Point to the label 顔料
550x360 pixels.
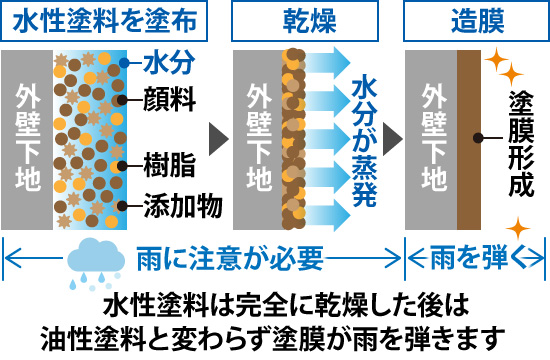(170, 99)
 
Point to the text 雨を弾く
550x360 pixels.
(477, 258)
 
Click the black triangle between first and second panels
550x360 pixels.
(216, 135)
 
